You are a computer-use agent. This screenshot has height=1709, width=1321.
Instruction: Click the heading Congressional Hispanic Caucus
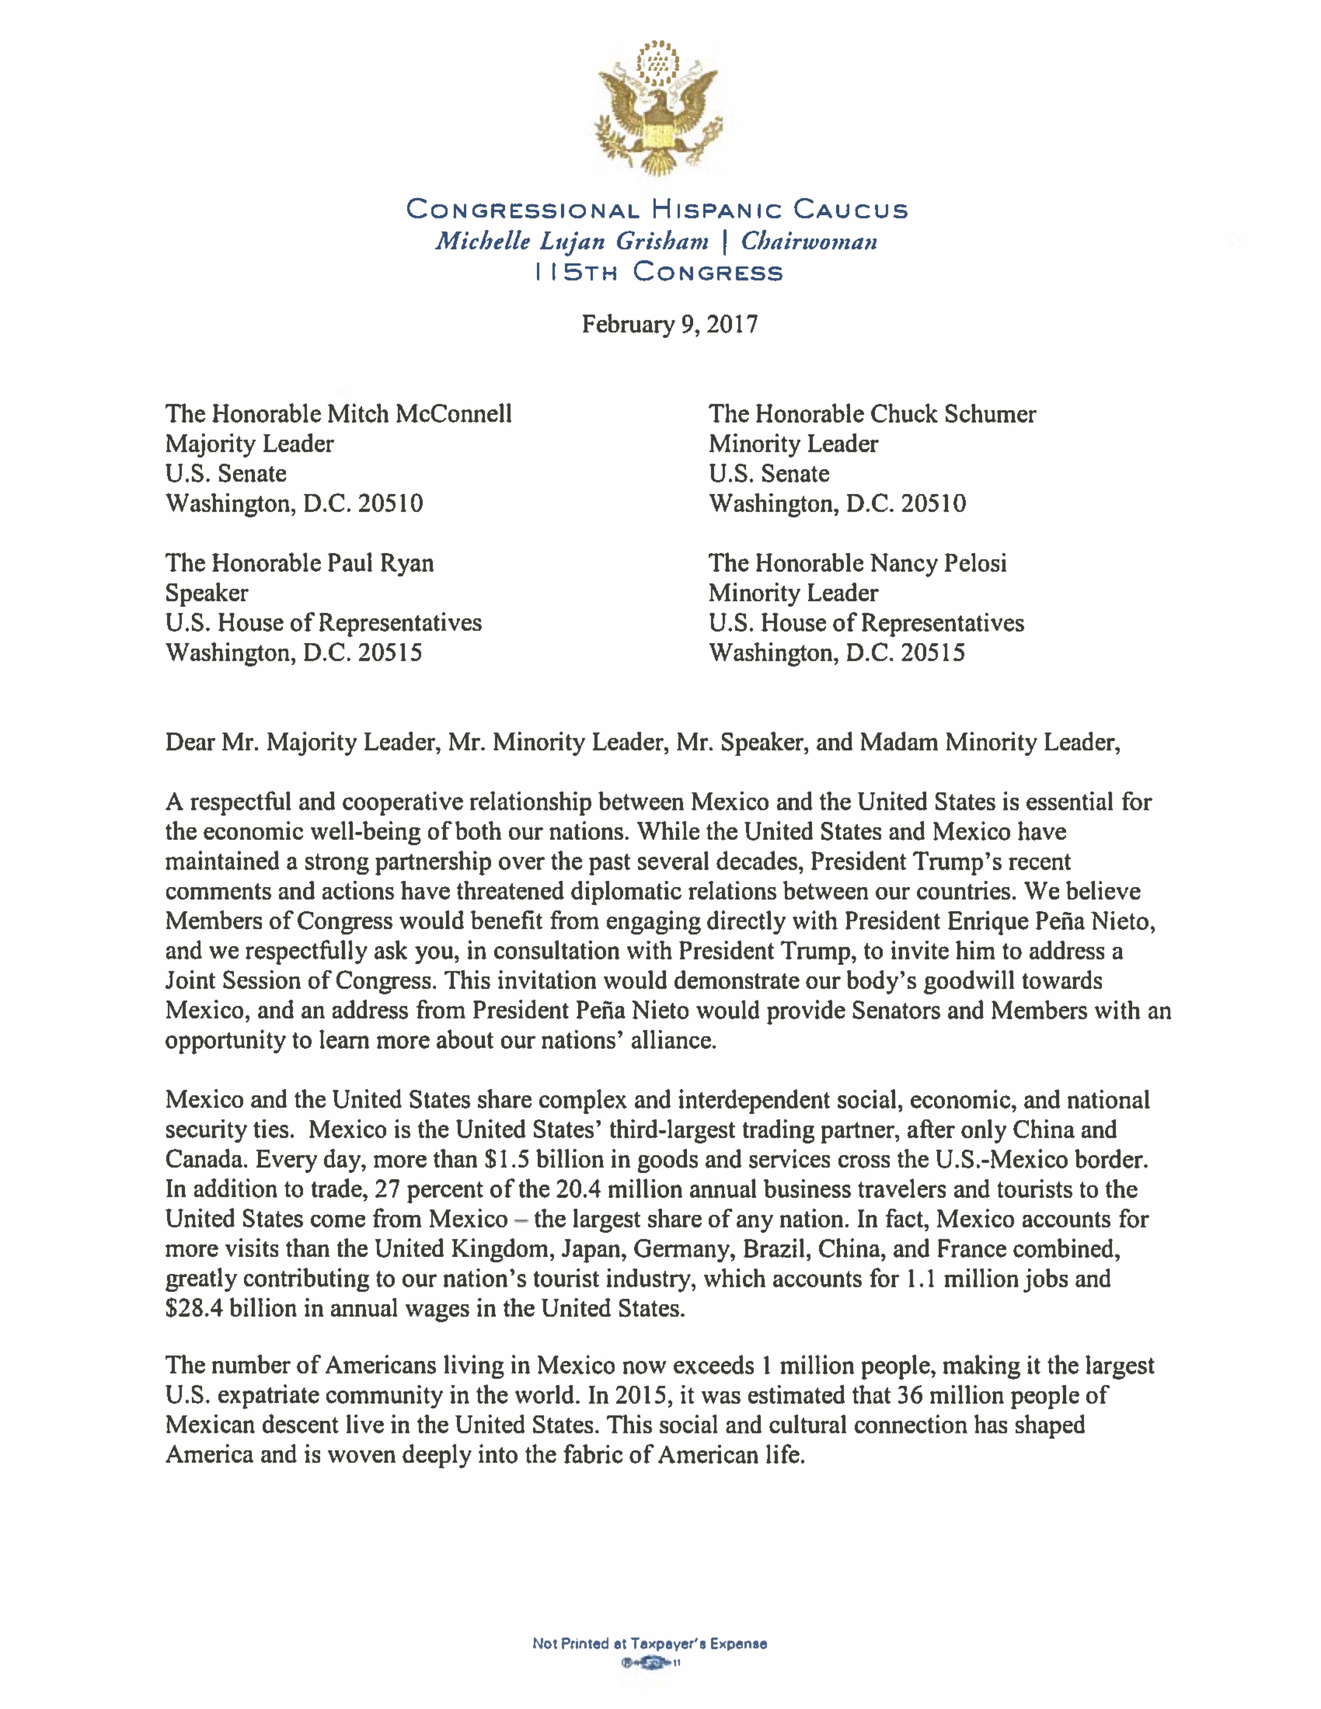click(x=657, y=210)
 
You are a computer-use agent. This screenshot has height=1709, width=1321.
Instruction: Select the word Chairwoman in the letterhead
click(x=809, y=241)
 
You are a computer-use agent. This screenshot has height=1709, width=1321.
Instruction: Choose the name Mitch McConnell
click(x=420, y=414)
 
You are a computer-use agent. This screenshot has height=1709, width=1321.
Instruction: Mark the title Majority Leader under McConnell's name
click(x=249, y=444)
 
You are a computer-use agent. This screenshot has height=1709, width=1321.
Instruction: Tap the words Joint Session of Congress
click(x=299, y=980)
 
